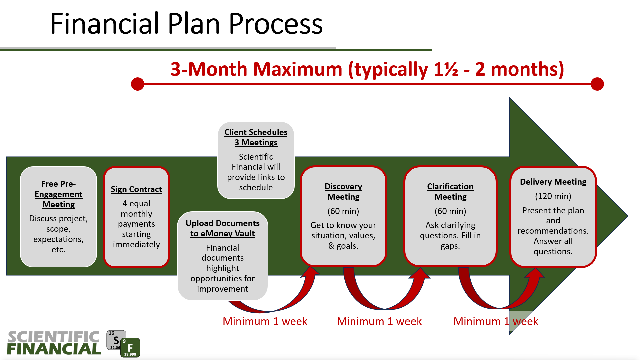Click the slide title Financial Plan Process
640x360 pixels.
click(186, 24)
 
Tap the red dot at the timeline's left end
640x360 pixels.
click(138, 84)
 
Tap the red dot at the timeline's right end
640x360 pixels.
click(597, 84)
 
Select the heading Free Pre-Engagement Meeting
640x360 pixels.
click(59, 194)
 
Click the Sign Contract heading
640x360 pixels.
click(136, 189)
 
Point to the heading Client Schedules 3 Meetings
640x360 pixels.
click(256, 137)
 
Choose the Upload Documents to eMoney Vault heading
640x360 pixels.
click(223, 228)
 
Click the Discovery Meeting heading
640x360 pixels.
click(343, 192)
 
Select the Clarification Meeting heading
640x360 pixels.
click(450, 192)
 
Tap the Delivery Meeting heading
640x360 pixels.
click(553, 182)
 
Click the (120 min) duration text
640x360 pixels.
click(553, 196)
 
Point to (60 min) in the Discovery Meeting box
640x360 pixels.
click(343, 211)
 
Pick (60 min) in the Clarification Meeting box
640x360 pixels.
click(450, 211)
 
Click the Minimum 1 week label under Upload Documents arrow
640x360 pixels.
click(265, 321)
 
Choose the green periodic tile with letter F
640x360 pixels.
click(130, 348)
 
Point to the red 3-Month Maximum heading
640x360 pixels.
click(367, 69)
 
